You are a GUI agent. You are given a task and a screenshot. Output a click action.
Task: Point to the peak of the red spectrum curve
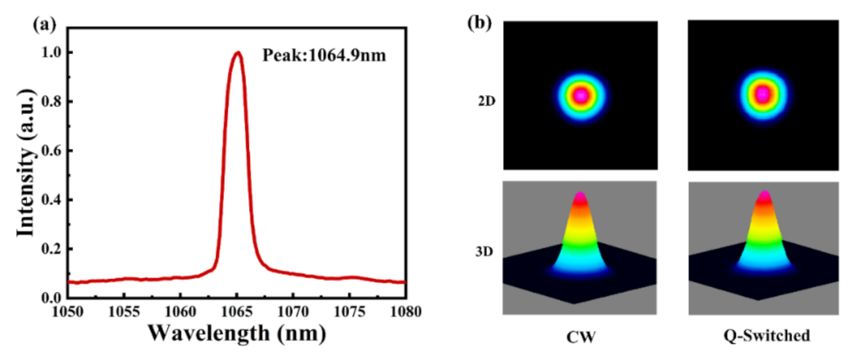[237, 53]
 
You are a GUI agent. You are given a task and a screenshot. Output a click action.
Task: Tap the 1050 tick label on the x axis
[67, 311]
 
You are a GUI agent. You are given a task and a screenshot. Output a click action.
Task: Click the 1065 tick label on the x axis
[237, 311]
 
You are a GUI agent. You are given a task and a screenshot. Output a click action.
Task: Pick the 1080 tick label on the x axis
[405, 311]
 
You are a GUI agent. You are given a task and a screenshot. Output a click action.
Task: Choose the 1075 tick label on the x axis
[349, 311]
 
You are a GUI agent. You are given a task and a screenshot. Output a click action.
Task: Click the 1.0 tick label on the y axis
[51, 53]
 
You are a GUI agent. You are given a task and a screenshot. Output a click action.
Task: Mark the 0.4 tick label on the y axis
[51, 200]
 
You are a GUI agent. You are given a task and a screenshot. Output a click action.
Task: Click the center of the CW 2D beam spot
[581, 95]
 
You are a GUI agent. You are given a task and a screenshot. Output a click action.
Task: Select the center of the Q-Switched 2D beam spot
[763, 94]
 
